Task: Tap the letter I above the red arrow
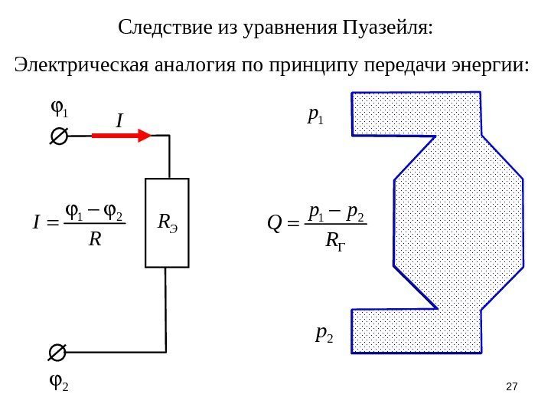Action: (x=119, y=120)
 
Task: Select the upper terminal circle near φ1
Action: (x=57, y=136)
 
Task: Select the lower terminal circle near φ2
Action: (x=57, y=353)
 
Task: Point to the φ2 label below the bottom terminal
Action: (x=58, y=381)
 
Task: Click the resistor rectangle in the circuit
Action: (x=167, y=222)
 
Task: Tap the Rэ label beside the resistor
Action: (x=166, y=222)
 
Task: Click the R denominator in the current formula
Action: (x=95, y=239)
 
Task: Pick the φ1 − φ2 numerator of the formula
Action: (x=95, y=209)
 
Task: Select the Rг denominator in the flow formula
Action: (x=334, y=241)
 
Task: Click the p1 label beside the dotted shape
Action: (x=315, y=115)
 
